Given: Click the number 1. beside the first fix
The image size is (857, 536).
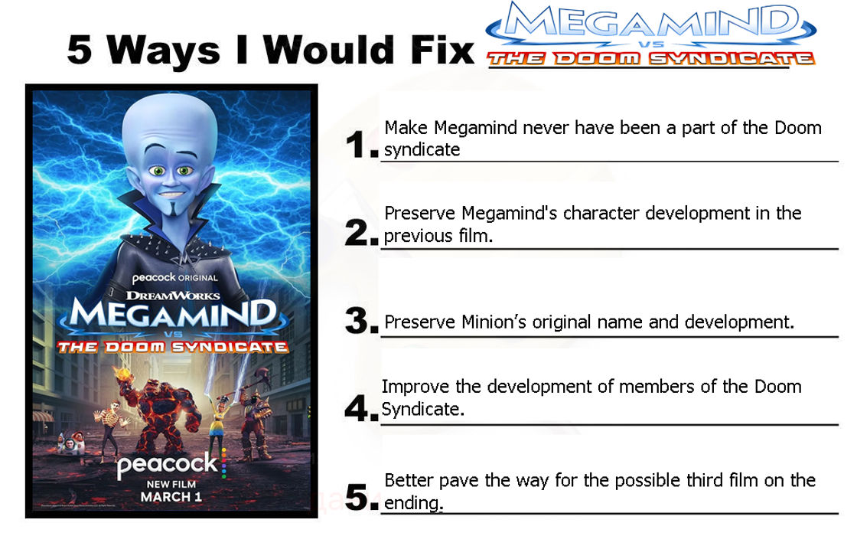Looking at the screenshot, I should (361, 145).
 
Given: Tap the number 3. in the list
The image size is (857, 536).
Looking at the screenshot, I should (361, 321).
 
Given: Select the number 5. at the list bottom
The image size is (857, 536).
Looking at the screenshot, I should (361, 497).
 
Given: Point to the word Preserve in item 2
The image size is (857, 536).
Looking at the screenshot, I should (418, 213).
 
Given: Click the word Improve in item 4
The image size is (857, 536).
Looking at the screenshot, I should (414, 387).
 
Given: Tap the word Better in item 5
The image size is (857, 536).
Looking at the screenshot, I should (408, 481).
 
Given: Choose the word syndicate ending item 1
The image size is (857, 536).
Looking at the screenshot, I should (422, 150).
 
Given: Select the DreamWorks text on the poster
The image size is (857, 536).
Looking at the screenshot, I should (173, 295).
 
